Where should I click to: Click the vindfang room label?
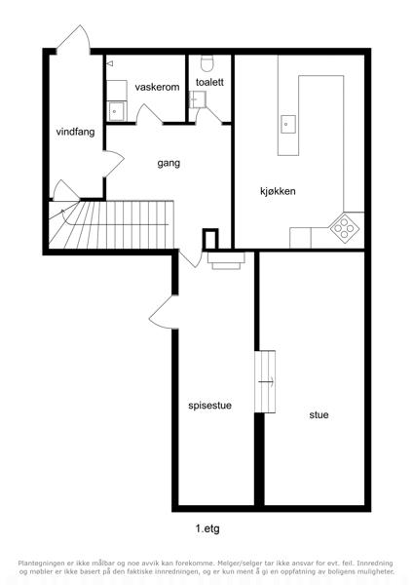[75, 132]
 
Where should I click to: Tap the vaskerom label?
[157, 88]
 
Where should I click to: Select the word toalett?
[209, 82]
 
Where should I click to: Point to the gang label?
[169, 164]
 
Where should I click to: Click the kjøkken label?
[278, 191]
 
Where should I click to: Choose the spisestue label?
[209, 406]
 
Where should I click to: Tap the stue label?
[319, 415]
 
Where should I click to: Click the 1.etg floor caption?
[207, 528]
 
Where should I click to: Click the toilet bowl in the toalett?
[206, 63]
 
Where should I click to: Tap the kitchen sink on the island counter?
[287, 124]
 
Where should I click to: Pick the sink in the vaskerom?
[116, 111]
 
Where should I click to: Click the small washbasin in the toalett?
[195, 99]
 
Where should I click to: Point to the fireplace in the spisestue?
[226, 260]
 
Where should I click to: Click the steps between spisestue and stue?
[265, 381]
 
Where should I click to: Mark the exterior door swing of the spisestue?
[163, 313]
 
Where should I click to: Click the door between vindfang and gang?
[113, 164]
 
